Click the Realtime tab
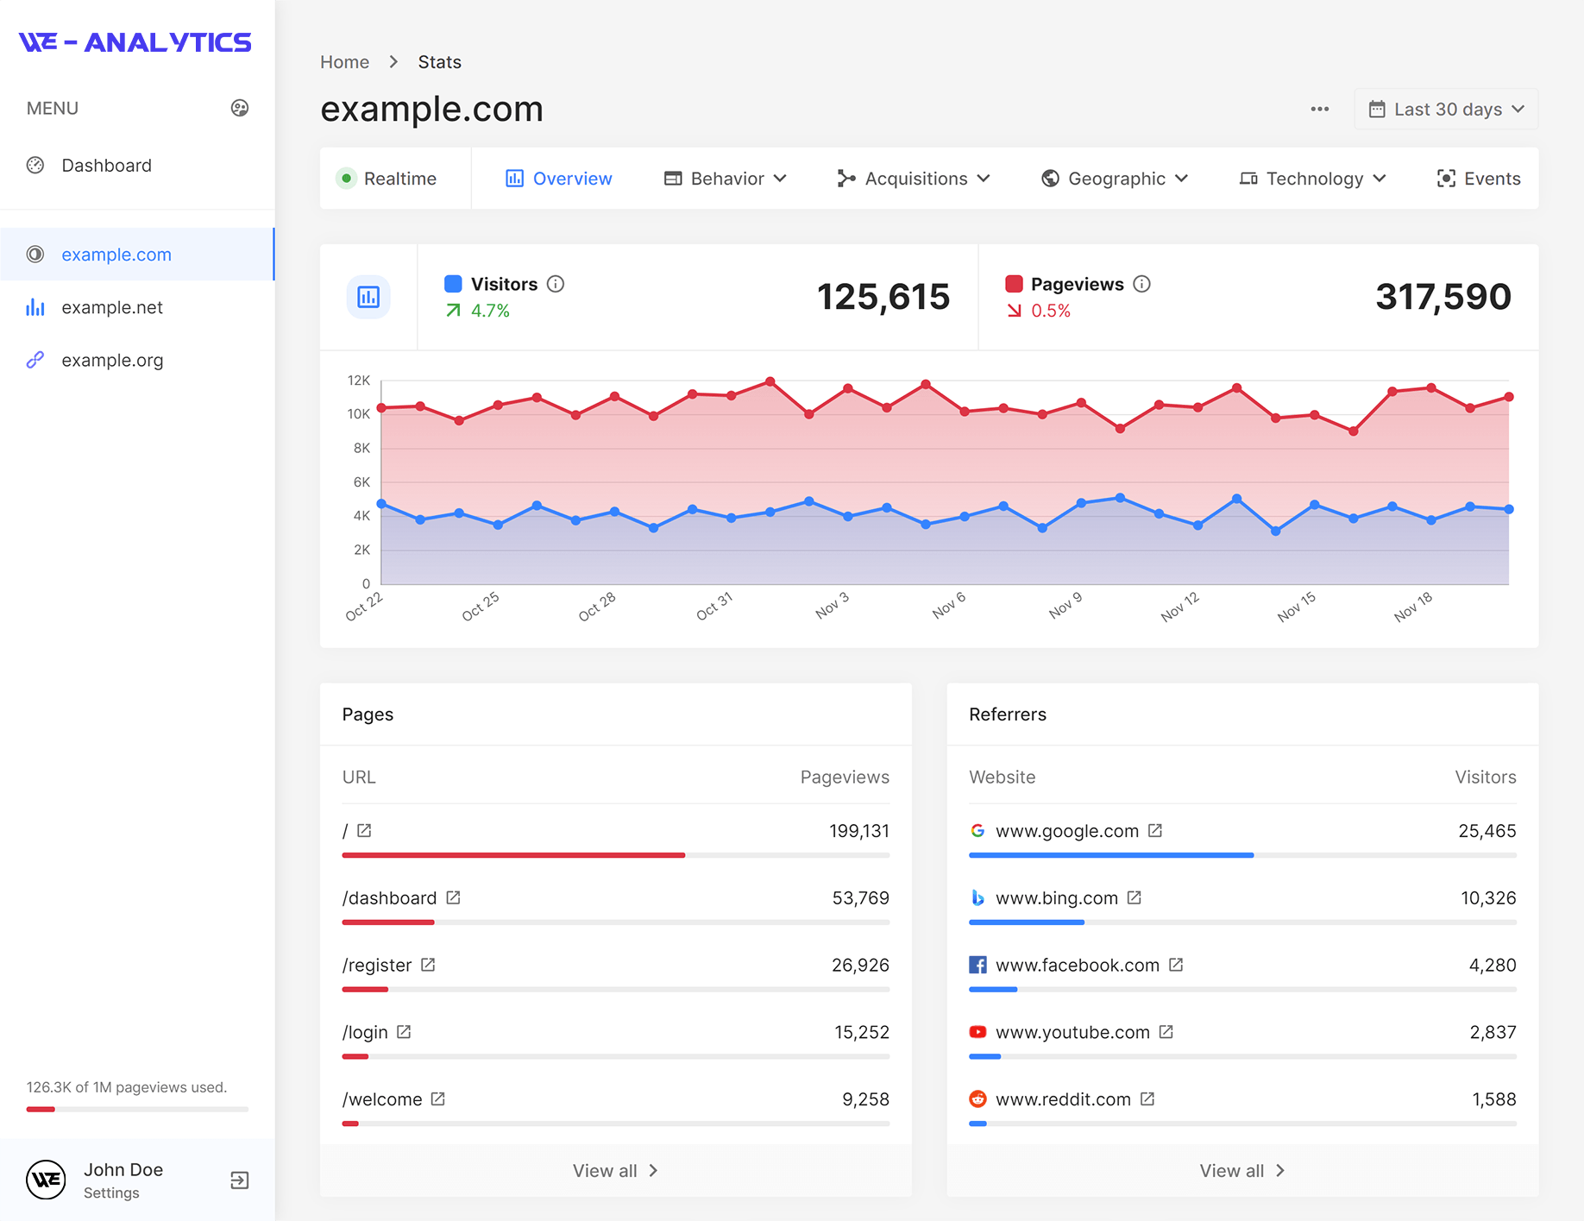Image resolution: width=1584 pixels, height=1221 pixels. click(x=388, y=179)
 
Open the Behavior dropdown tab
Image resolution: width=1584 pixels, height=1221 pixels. click(x=725, y=179)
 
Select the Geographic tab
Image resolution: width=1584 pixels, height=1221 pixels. click(x=1115, y=179)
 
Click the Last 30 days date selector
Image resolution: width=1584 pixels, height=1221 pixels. click(x=1446, y=110)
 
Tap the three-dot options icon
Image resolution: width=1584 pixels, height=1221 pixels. click(x=1319, y=110)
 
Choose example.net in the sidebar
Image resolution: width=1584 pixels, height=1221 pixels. click(x=112, y=308)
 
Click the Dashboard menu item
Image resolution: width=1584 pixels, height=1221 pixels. click(x=106, y=166)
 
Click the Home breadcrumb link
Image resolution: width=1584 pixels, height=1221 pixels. click(x=344, y=62)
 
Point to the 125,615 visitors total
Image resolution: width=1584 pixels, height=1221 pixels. click(x=883, y=297)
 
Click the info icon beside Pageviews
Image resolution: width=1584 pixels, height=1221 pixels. click(x=1141, y=284)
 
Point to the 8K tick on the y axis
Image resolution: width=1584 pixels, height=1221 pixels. click(x=361, y=448)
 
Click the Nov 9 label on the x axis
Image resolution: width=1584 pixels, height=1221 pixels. click(x=1065, y=605)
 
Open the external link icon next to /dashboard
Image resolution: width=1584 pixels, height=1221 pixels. click(x=453, y=898)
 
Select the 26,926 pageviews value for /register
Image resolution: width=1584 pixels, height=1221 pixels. click(x=859, y=966)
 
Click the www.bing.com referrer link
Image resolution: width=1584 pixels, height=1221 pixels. click(x=1056, y=898)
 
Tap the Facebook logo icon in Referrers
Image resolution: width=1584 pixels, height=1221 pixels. click(x=977, y=965)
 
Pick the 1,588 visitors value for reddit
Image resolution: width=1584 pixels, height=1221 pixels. click(x=1493, y=1099)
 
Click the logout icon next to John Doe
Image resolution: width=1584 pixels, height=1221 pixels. click(x=240, y=1180)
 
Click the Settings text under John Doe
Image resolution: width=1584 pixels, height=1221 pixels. click(x=111, y=1193)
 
